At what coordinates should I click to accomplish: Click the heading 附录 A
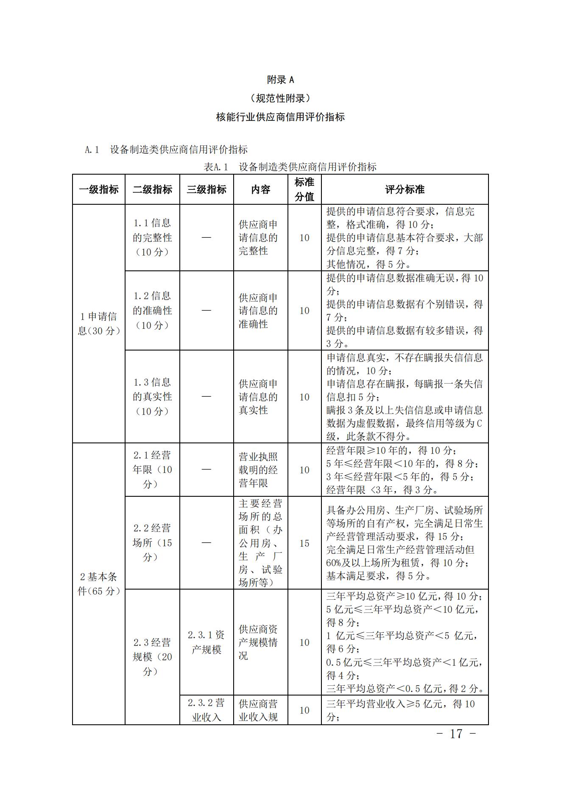[x=280, y=80]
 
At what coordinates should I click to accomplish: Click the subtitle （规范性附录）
[x=280, y=98]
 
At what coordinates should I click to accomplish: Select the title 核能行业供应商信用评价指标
[x=280, y=117]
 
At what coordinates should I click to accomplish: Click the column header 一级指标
[x=99, y=189]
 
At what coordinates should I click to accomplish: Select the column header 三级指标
[x=207, y=189]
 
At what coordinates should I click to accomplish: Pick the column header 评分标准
[x=405, y=189]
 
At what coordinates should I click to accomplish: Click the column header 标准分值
[x=304, y=189]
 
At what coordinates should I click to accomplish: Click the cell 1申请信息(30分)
[x=99, y=324]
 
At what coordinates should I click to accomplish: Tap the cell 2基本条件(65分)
[x=99, y=584]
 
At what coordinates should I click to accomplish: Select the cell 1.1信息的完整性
[x=152, y=237]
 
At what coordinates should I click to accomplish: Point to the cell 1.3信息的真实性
[x=152, y=397]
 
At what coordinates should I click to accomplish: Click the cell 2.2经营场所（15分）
[x=152, y=543]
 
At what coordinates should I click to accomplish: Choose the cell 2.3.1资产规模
[x=207, y=642]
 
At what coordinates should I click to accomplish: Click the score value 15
[x=304, y=543]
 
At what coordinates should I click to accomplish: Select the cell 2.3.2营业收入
[x=207, y=710]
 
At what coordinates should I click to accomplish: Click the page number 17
[x=456, y=734]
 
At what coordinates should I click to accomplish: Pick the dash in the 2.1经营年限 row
[x=207, y=470]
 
